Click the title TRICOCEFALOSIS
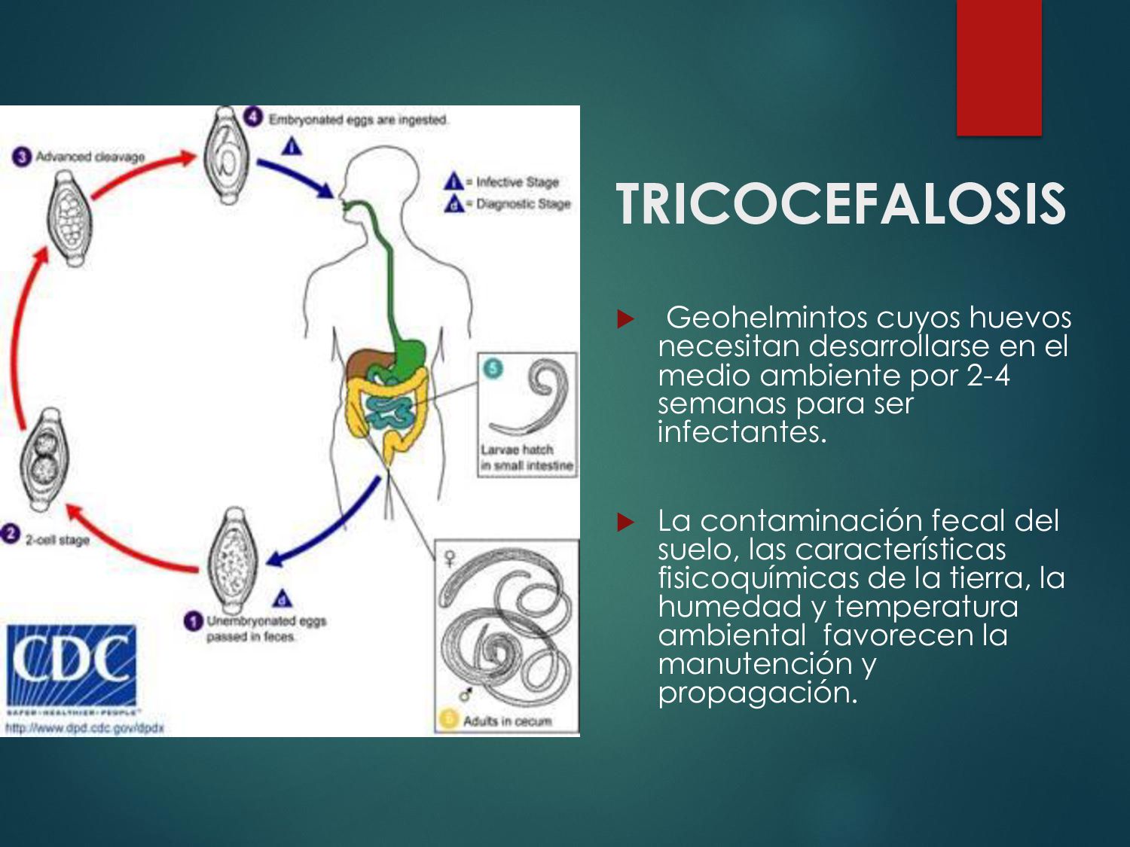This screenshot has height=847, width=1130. tap(841, 204)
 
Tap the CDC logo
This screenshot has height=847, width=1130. tap(72, 665)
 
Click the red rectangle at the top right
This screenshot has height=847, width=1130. tap(999, 68)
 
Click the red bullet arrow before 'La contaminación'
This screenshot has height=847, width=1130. tap(625, 522)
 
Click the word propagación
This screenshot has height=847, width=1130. tap(757, 692)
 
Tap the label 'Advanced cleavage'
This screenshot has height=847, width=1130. tap(90, 157)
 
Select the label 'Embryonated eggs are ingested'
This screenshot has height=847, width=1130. tap(358, 120)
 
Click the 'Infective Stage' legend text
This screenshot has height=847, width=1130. tap(517, 182)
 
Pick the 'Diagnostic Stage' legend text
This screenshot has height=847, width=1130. tap(523, 204)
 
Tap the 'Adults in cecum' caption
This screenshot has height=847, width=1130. tap(507, 721)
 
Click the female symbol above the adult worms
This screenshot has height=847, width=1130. tap(450, 558)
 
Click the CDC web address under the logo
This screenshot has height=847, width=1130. tap(84, 728)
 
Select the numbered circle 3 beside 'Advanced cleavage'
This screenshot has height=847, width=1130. tap(22, 157)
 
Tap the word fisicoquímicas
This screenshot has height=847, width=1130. tap(758, 577)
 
